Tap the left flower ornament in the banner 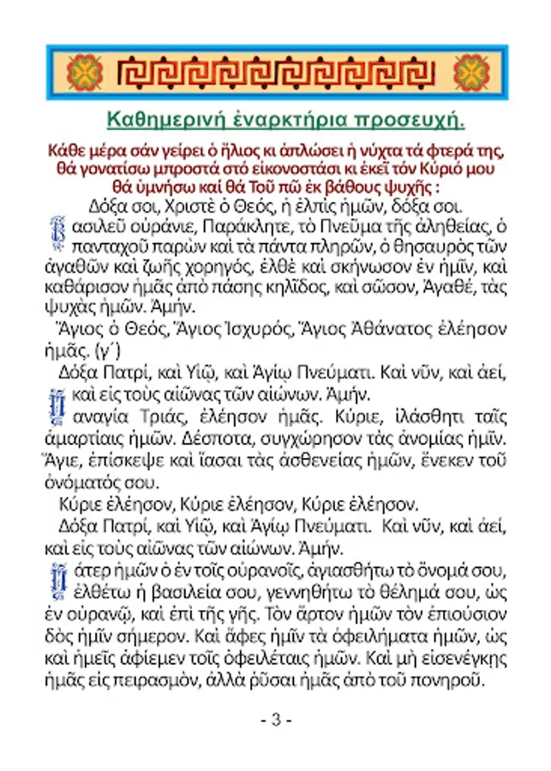click(x=85, y=73)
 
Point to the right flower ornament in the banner click(x=470, y=73)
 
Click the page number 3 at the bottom click(x=276, y=720)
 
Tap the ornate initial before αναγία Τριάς click(x=59, y=403)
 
